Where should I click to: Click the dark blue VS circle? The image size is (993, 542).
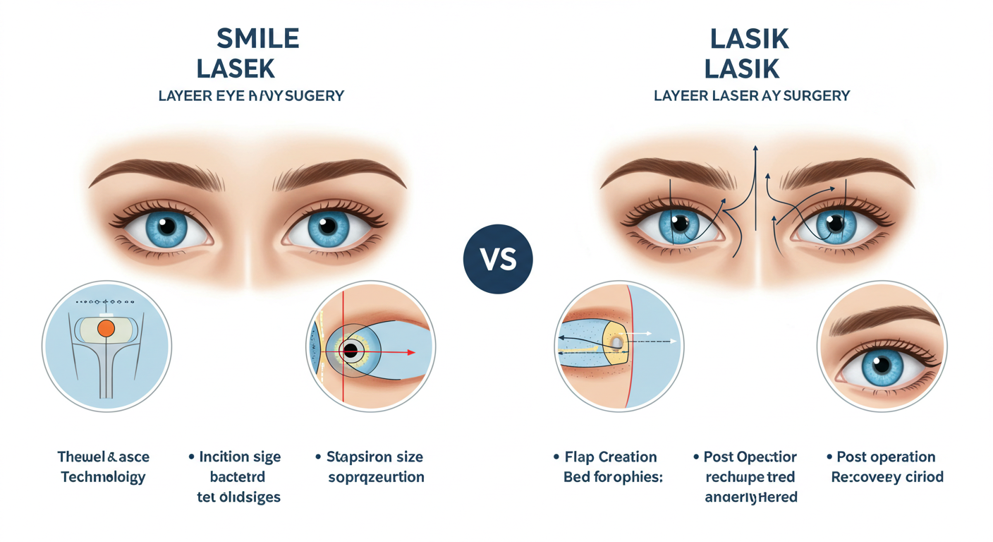(497, 260)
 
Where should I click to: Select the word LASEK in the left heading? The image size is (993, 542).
(235, 68)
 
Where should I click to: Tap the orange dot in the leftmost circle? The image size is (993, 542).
(106, 328)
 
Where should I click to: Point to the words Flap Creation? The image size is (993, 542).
(610, 457)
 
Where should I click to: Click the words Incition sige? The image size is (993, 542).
(240, 457)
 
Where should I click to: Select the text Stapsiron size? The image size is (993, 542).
(374, 457)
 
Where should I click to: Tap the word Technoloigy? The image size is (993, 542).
(103, 477)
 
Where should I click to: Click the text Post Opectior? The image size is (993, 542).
(750, 457)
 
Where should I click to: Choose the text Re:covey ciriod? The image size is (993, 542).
(887, 477)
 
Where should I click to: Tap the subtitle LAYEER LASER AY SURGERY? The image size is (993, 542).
(752, 95)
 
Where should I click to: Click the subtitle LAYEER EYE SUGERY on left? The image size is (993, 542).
(251, 95)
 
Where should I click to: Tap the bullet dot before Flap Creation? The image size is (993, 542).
(556, 457)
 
